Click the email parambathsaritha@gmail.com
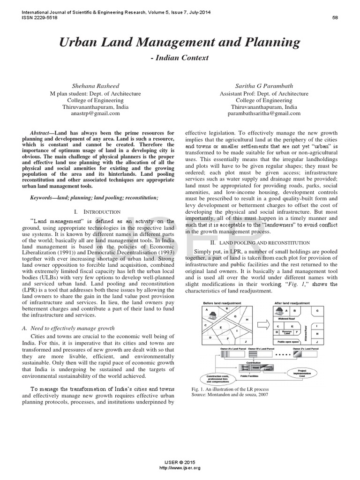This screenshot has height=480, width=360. coord(264,113)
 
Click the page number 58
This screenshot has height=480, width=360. coord(335,18)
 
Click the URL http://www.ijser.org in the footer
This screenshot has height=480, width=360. coord(180,467)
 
